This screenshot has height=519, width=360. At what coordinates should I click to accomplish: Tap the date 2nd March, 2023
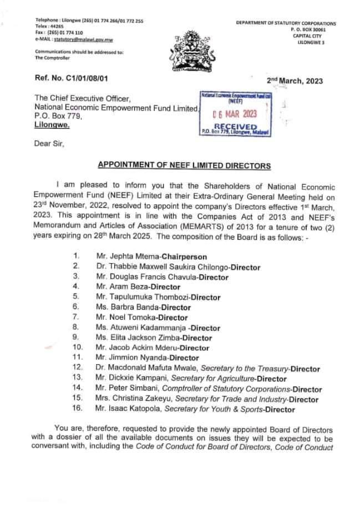[x=295, y=80]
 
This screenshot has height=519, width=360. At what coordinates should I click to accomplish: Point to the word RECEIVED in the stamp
[x=236, y=127]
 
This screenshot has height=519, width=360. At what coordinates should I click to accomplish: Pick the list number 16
[x=78, y=409]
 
